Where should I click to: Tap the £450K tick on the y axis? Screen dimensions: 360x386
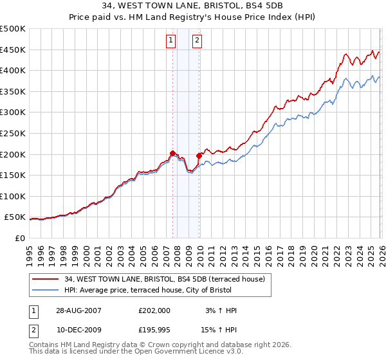[13, 50]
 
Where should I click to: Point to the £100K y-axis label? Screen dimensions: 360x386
[13, 196]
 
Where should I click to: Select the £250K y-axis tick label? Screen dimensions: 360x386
[13, 133]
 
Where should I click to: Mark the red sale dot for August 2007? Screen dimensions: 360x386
[172, 153]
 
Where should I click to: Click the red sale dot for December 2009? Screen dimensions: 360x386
[199, 155]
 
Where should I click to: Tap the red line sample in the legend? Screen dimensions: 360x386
[46, 279]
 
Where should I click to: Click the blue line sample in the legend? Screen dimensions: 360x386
[46, 290]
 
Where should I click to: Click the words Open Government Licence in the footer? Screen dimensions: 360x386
[173, 352]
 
